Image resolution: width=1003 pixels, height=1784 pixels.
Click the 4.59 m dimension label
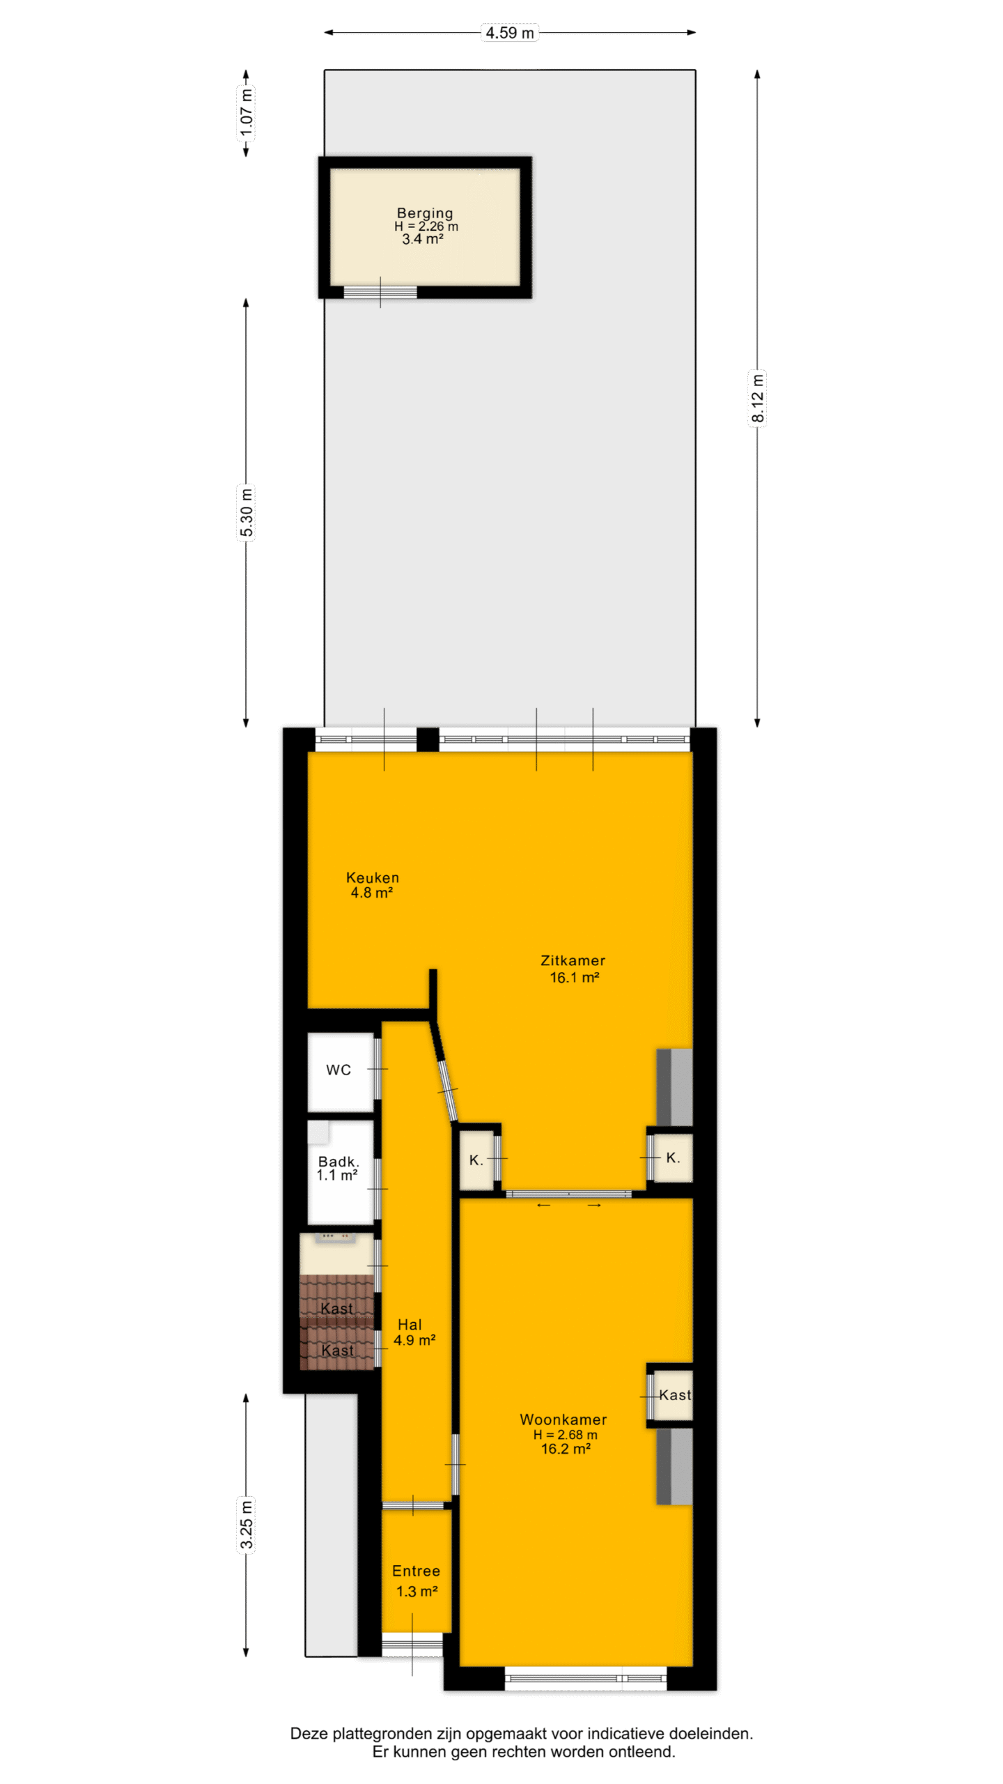click(509, 33)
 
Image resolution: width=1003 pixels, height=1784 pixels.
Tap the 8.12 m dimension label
click(757, 398)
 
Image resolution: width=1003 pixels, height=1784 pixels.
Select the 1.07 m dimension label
click(246, 112)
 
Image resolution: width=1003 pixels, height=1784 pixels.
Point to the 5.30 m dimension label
click(246, 513)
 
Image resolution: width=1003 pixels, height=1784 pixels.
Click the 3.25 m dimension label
click(246, 1524)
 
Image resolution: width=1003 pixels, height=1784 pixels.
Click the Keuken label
click(373, 877)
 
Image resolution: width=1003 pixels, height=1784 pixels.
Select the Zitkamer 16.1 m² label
click(573, 969)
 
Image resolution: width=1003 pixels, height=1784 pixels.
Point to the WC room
click(340, 1072)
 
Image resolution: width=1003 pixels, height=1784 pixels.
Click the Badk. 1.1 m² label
click(338, 1168)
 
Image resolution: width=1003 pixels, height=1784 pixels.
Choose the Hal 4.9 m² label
click(414, 1332)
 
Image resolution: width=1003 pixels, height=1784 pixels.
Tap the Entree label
click(416, 1571)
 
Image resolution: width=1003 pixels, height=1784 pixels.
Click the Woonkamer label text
click(563, 1420)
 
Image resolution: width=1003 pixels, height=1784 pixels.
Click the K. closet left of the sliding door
click(476, 1160)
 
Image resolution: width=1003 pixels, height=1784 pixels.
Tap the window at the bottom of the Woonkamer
click(585, 1677)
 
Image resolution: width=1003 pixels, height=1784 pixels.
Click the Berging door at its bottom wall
click(380, 292)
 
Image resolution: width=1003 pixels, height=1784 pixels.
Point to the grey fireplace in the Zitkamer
click(674, 1087)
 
